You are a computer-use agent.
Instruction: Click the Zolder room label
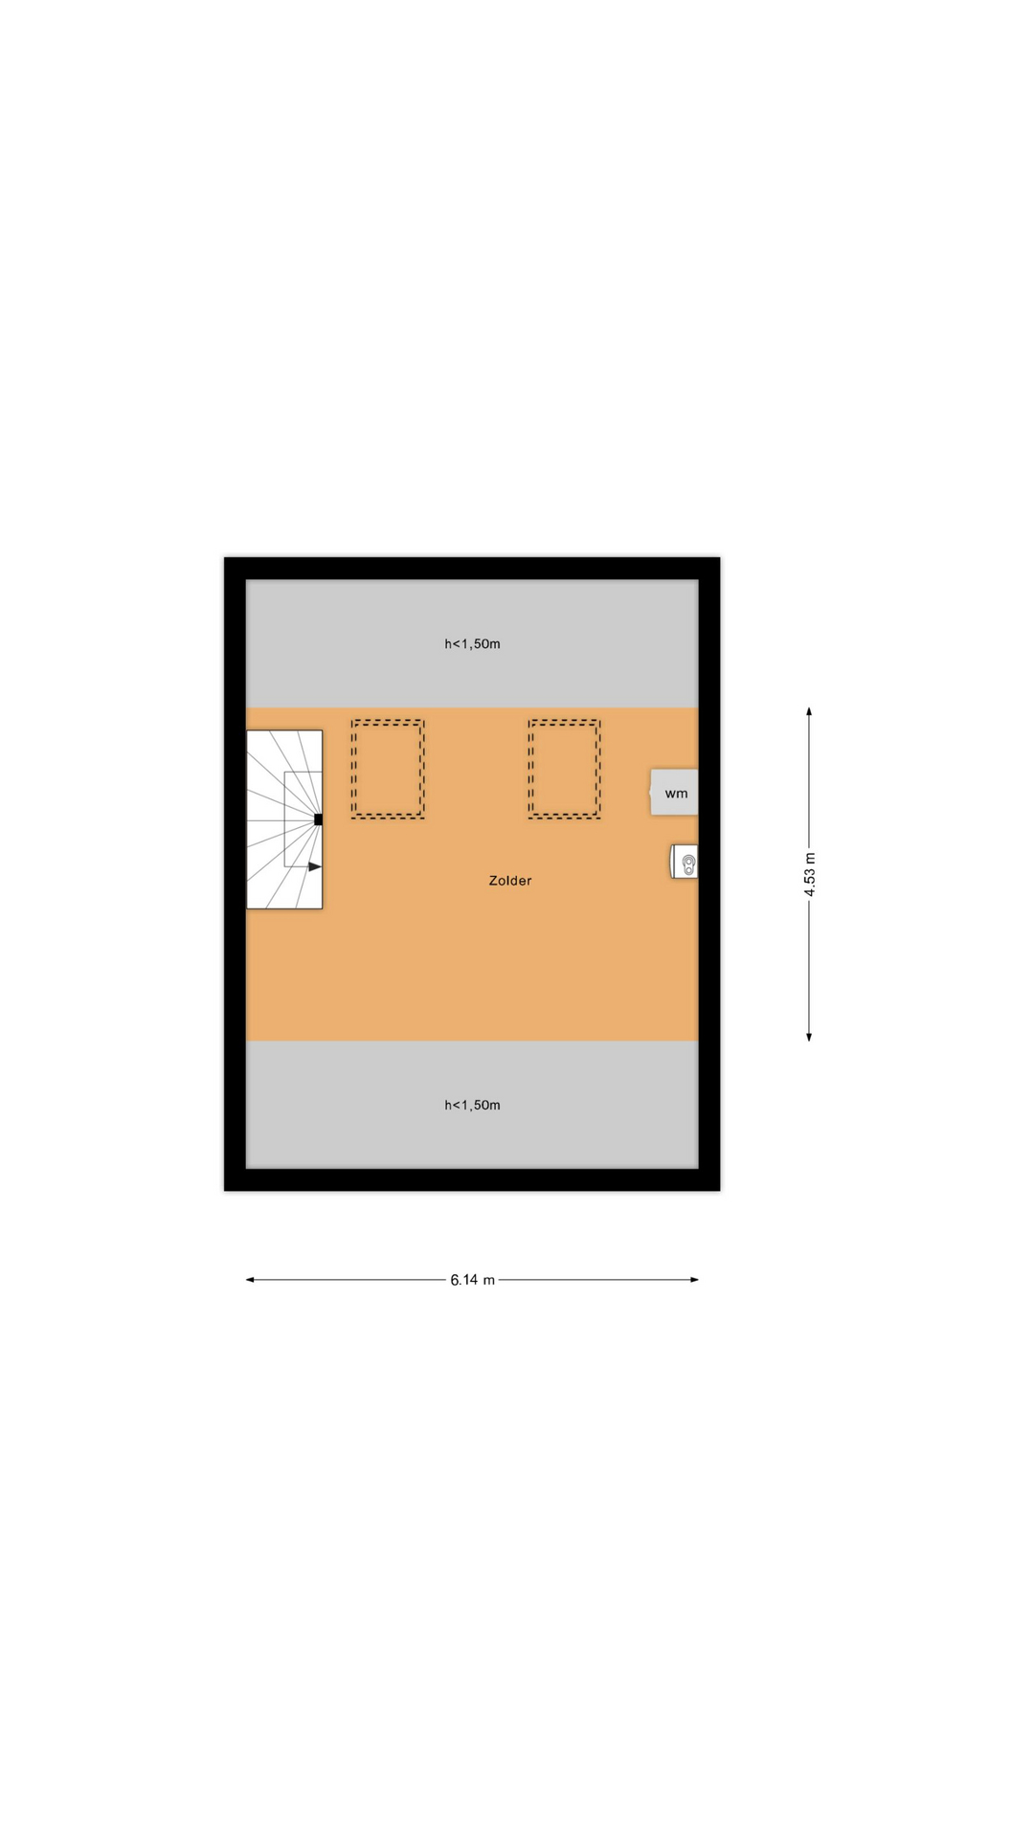pyautogui.click(x=509, y=881)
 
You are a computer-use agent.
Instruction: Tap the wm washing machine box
pyautogui.click(x=674, y=793)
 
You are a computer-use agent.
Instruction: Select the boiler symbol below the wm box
pyautogui.click(x=684, y=862)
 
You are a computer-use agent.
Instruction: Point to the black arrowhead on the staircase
pyautogui.click(x=315, y=866)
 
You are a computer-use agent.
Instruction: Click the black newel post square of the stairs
pyautogui.click(x=318, y=819)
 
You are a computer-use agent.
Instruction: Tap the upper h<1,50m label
pyautogui.click(x=472, y=644)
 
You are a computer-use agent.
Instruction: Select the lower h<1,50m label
pyautogui.click(x=472, y=1105)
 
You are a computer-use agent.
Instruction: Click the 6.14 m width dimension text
pyautogui.click(x=473, y=1280)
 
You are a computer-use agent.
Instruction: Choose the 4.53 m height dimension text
pyautogui.click(x=810, y=874)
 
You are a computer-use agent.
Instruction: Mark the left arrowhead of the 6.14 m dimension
pyautogui.click(x=250, y=1280)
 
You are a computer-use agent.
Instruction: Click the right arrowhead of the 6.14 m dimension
pyautogui.click(x=694, y=1280)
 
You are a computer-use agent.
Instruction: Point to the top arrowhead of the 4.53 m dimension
pyautogui.click(x=809, y=712)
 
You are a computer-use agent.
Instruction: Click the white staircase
pyautogui.click(x=284, y=819)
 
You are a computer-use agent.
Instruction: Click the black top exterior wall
pyautogui.click(x=472, y=569)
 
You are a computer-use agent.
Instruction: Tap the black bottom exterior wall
pyautogui.click(x=472, y=1179)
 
